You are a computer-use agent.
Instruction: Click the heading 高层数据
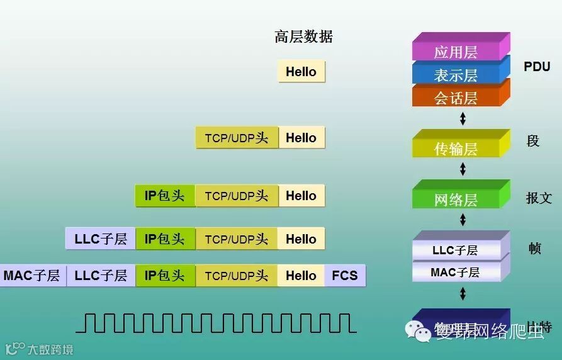(303, 37)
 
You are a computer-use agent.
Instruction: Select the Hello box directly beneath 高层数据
(301, 72)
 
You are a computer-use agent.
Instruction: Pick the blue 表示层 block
(456, 75)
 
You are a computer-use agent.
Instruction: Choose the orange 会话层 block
(456, 98)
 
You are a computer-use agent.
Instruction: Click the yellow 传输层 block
(456, 149)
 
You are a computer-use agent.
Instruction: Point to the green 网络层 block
(456, 200)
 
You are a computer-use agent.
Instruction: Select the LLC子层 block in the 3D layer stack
(456, 250)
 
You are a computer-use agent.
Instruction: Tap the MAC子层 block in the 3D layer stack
(456, 272)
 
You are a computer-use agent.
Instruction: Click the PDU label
(537, 67)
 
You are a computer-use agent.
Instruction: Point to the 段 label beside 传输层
(533, 141)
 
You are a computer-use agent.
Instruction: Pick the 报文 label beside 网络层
(539, 198)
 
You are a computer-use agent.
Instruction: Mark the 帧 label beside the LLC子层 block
(534, 248)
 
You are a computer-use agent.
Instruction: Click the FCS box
(345, 276)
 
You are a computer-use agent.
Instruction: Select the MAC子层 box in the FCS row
(31, 276)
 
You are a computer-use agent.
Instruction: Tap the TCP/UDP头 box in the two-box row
(237, 138)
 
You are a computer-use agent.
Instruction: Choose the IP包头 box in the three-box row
(165, 196)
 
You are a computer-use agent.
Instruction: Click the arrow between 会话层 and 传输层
(463, 118)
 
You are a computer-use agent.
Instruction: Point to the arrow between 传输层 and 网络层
(463, 169)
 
